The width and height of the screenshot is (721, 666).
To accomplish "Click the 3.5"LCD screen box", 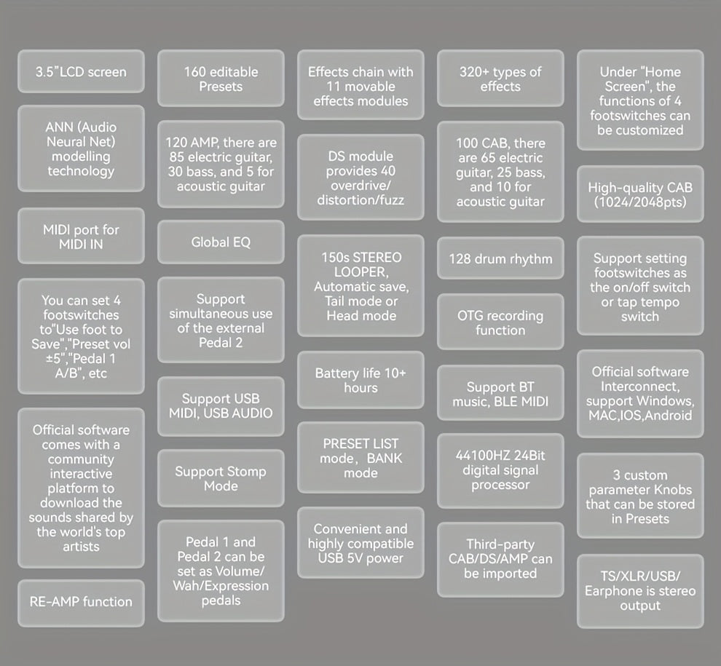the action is (81, 71).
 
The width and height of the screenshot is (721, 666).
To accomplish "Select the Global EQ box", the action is (221, 242).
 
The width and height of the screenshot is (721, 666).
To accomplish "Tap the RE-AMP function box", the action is (81, 603).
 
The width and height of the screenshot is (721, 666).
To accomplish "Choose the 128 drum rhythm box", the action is (500, 258).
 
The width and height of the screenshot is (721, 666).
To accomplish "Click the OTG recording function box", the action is (500, 322).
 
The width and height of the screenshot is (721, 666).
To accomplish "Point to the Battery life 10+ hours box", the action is (360, 380).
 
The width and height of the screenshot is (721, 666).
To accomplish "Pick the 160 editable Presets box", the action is (221, 78).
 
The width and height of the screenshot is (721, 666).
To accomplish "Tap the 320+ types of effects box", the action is (500, 78).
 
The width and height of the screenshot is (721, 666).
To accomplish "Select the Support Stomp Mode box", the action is (221, 478).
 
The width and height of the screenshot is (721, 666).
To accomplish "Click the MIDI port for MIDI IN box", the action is (81, 236).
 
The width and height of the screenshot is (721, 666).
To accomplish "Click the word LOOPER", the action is (361, 271).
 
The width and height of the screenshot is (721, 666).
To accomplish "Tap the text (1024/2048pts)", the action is (640, 202).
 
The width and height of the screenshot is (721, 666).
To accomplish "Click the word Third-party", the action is (500, 544).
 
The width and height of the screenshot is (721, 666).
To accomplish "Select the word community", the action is (81, 459).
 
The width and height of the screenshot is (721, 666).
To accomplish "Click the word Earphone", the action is (610, 591).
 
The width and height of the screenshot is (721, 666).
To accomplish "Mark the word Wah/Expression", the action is (221, 586).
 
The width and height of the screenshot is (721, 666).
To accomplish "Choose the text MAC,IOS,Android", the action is (640, 416).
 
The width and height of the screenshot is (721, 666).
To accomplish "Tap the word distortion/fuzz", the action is (360, 200).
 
